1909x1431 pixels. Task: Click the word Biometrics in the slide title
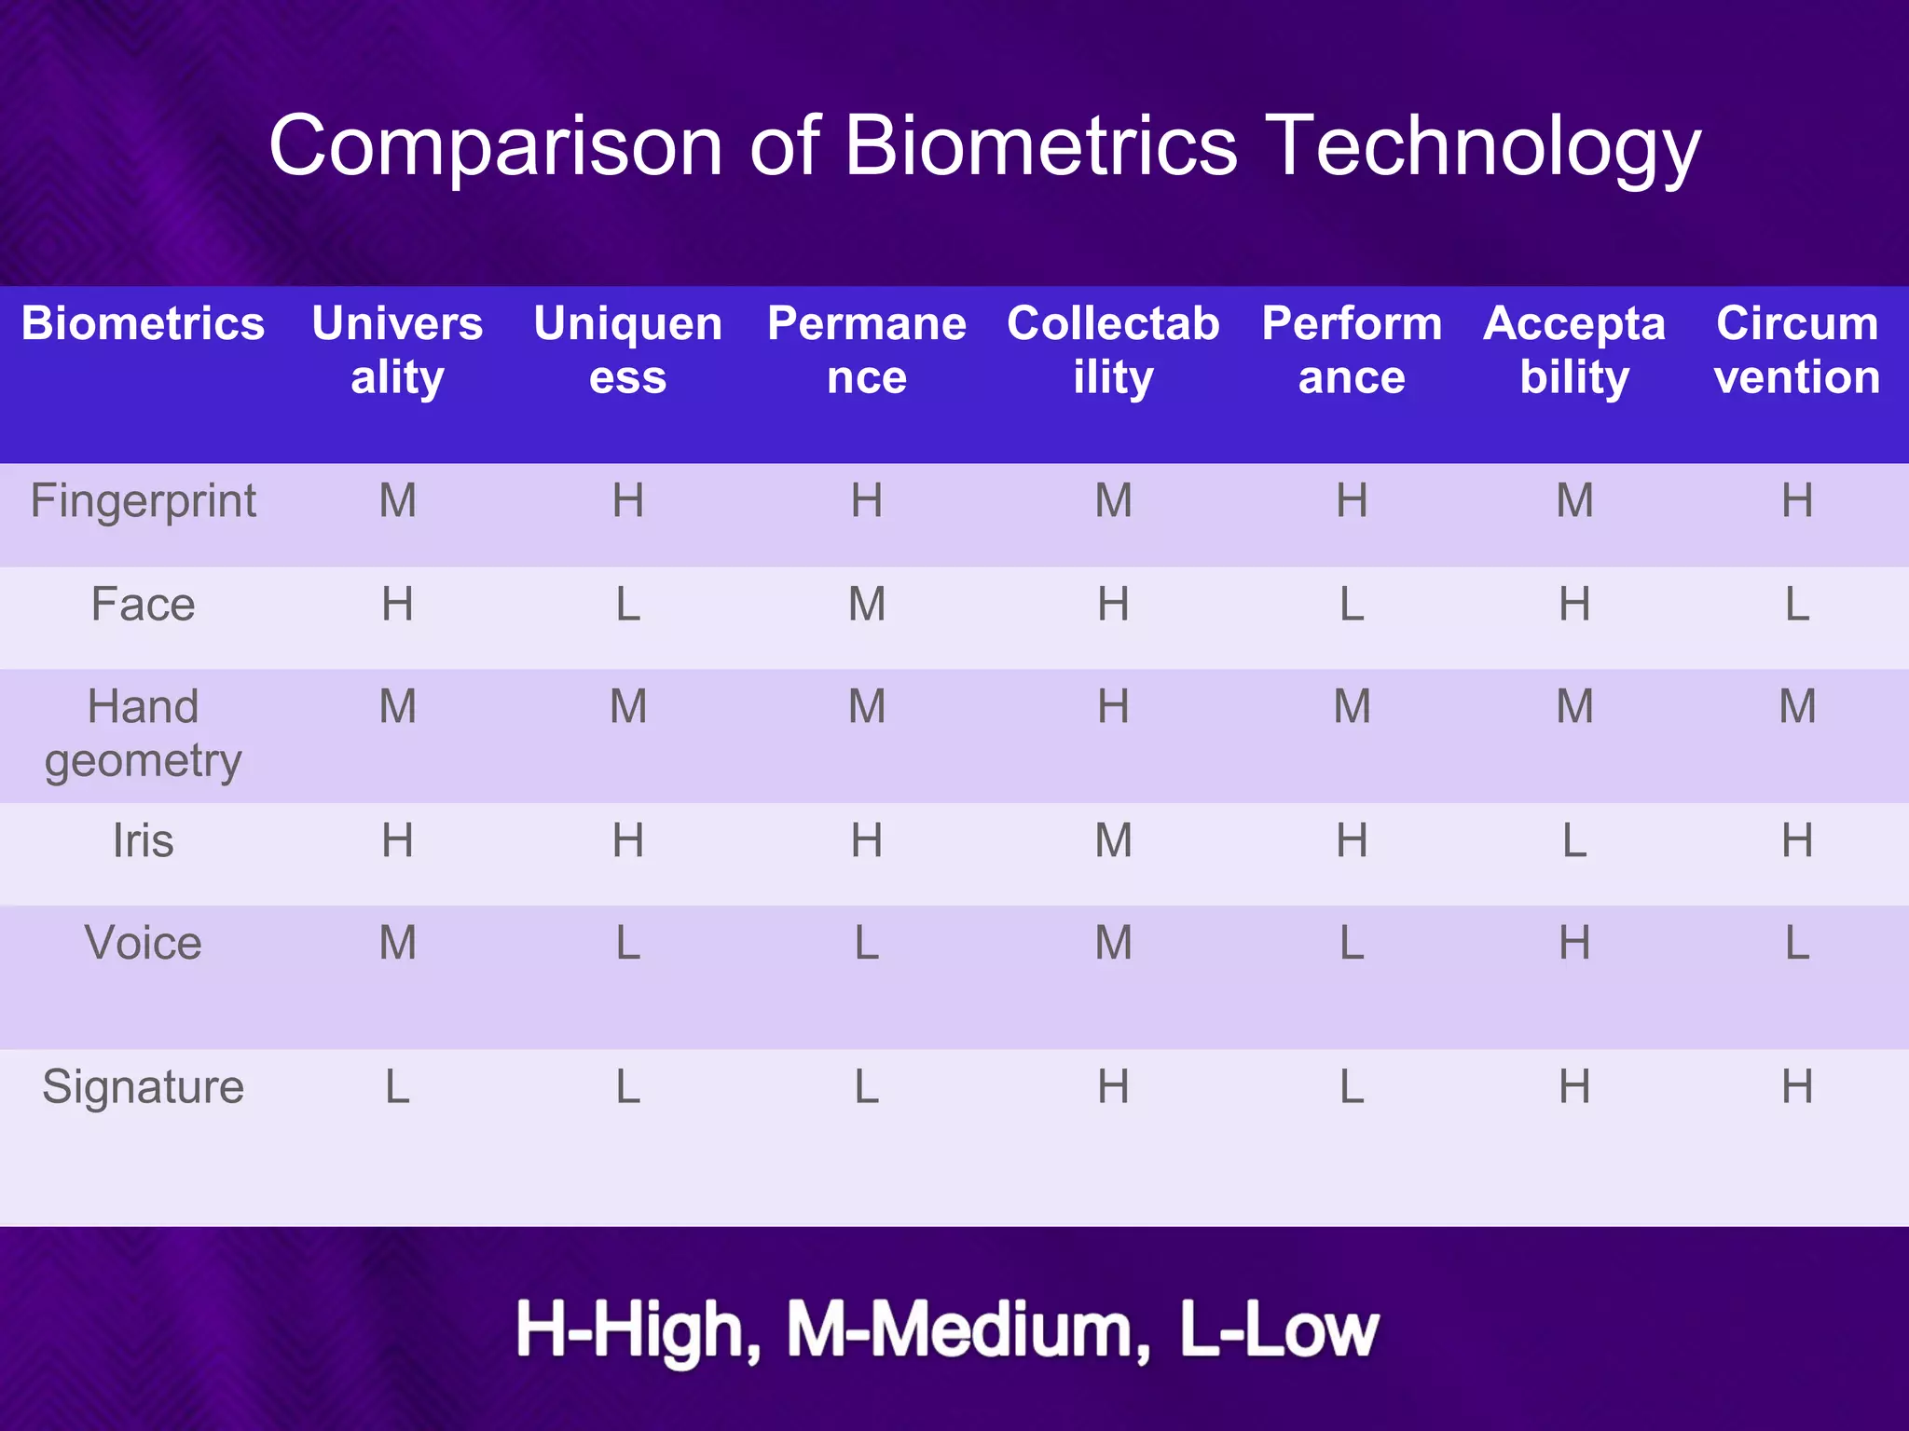pos(1040,146)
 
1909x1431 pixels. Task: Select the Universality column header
pos(397,350)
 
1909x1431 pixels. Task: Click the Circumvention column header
pos(1796,350)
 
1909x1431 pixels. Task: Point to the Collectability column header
pos(1113,350)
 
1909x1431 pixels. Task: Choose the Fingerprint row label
pos(143,501)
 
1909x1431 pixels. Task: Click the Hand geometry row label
pos(143,733)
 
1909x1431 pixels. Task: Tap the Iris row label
pos(143,840)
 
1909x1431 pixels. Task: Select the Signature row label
pos(143,1086)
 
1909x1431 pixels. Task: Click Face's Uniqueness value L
pos(627,605)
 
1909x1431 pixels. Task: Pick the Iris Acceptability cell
pos(1574,840)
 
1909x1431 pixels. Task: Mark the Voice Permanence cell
pos(866,943)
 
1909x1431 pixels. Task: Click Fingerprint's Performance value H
pos(1352,501)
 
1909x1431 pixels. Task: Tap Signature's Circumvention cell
pos(1796,1086)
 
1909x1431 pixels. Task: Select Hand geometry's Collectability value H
pos(1113,706)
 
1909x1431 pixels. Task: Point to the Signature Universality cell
pos(397,1086)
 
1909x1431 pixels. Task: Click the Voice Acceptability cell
pos(1574,943)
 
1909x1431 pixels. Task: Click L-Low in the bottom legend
pos(1278,1330)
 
